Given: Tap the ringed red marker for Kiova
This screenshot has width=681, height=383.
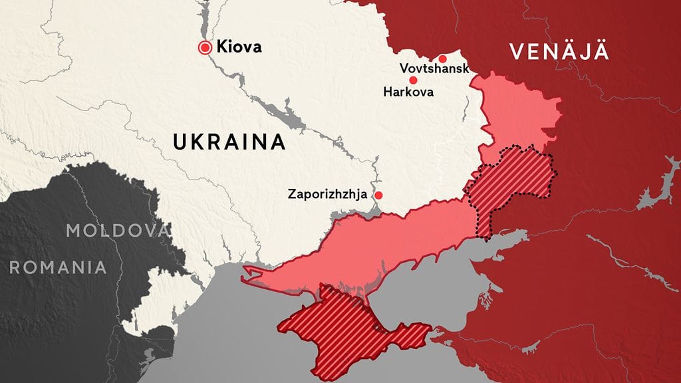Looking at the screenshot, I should click(x=205, y=47).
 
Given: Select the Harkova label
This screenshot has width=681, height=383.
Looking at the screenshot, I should click(x=408, y=92).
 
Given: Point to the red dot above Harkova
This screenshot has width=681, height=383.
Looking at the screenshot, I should click(x=413, y=80).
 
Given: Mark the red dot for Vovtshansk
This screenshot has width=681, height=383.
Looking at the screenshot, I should click(x=442, y=59).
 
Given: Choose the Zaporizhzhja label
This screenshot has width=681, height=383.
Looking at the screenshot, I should click(x=327, y=195).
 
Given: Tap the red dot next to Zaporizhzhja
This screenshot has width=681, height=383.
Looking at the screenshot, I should click(x=378, y=195).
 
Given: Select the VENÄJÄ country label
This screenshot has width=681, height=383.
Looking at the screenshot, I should click(x=559, y=52).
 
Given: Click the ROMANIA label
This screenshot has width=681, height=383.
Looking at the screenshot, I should click(x=58, y=267).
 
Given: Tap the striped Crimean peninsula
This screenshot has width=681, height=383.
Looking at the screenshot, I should click(x=339, y=326).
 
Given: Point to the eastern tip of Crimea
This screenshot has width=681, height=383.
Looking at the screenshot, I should click(x=426, y=328).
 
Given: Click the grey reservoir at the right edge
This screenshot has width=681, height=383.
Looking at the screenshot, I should click(x=655, y=193).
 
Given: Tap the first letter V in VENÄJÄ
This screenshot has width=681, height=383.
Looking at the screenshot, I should click(x=516, y=52).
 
